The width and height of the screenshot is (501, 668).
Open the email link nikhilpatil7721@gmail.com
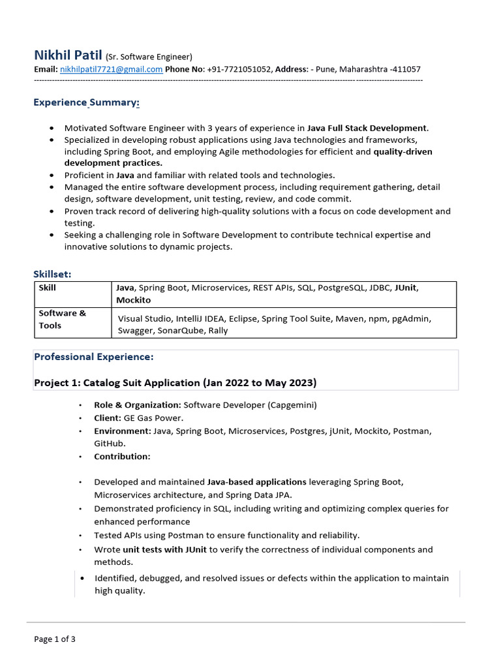(x=111, y=69)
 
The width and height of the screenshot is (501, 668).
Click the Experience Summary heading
(x=86, y=102)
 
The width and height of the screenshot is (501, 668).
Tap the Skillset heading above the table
(x=53, y=274)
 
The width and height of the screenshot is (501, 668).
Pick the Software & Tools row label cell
(x=62, y=319)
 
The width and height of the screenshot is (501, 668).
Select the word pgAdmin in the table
(x=411, y=318)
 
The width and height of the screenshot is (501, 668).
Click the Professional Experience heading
(x=93, y=357)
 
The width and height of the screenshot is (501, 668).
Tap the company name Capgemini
(x=290, y=405)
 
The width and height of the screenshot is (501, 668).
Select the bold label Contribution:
(x=122, y=456)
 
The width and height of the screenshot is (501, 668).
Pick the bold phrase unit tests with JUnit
(x=164, y=549)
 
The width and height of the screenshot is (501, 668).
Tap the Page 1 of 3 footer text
(x=55, y=639)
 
